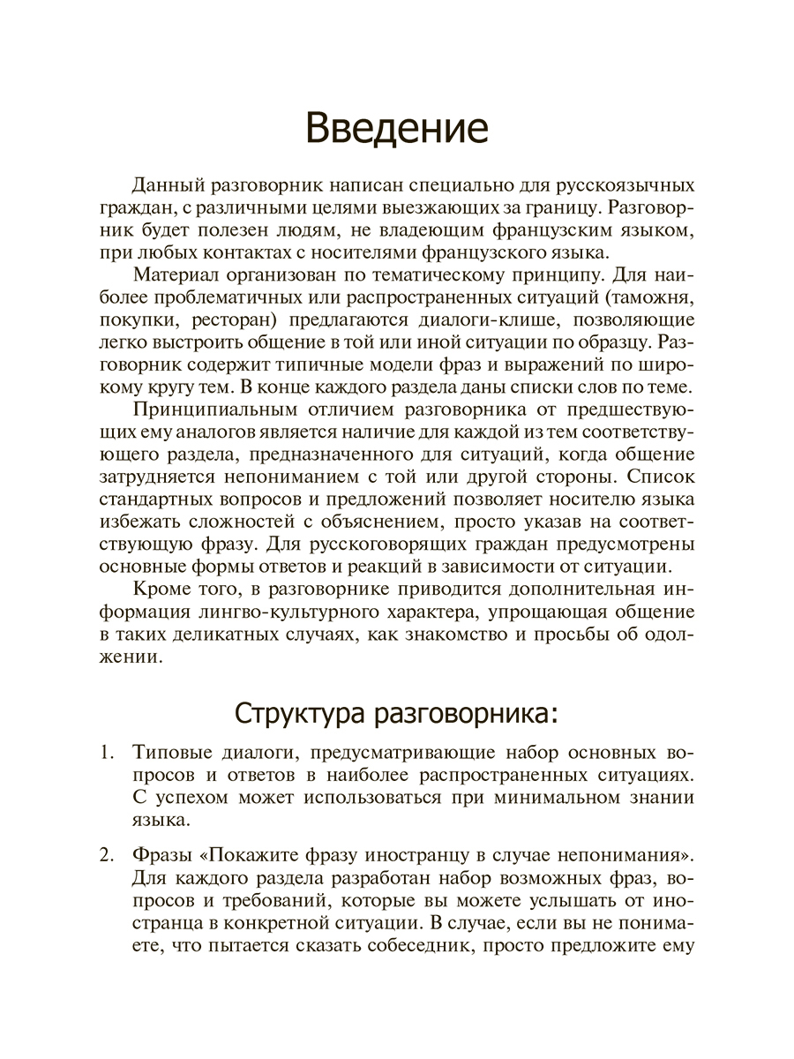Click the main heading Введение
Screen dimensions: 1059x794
pyautogui.click(x=396, y=128)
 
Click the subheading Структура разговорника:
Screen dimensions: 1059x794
pyautogui.click(x=396, y=712)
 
